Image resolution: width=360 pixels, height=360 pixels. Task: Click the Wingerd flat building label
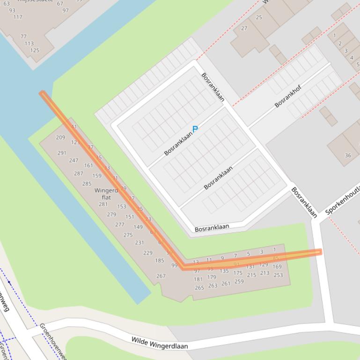pos(106,194)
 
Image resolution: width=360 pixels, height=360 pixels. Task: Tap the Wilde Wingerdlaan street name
pos(159,343)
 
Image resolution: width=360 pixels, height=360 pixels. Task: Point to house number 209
pos(60,137)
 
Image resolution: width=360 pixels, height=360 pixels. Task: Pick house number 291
pos(62,153)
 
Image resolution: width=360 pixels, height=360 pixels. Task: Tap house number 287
pos(78,173)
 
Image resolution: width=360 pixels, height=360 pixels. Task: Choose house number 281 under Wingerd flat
pos(103,204)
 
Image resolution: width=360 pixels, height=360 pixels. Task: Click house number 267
pos(161,276)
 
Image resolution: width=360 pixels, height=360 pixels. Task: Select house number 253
pos(278,275)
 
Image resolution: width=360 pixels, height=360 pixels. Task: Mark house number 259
pos(239,281)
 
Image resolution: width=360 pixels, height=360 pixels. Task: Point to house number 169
pos(277,267)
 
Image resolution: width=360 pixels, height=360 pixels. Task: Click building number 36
pos(347,155)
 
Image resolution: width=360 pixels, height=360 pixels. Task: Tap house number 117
pos(18,17)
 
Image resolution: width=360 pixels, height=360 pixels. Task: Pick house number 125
pos(35,50)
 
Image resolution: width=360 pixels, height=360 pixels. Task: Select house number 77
pos(23,36)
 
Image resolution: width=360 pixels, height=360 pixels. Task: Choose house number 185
pos(160,260)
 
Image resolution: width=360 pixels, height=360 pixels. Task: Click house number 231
pos(140,243)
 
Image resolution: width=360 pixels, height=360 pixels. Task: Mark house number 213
pos(264,273)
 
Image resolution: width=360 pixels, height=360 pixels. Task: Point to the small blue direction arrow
pos(8,282)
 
